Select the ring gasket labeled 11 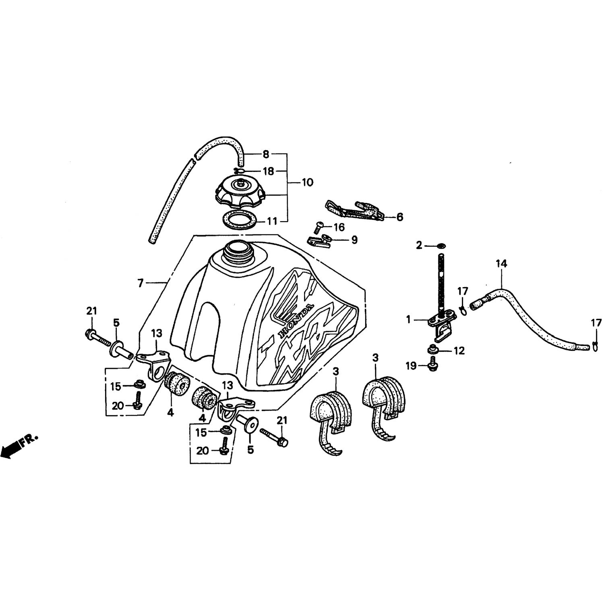point(240,220)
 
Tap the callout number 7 point(141,283)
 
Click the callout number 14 point(502,264)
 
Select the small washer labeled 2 point(441,245)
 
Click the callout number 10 point(307,183)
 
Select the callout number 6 point(400,217)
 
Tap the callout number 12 point(459,351)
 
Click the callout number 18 point(268,171)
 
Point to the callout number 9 point(354,240)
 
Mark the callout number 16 point(339,228)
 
